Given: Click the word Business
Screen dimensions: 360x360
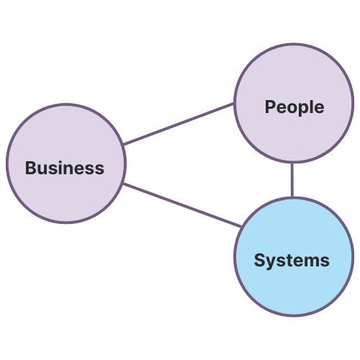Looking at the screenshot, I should pos(65,168).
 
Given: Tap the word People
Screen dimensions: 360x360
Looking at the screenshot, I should pos(294,107).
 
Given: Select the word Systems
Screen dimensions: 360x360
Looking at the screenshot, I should pos(292,260).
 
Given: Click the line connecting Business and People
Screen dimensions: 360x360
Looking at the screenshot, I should pos(179,124).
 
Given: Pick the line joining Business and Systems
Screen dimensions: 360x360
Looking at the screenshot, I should pos(181,205).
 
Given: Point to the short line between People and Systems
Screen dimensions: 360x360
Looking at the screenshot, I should pos(292,180).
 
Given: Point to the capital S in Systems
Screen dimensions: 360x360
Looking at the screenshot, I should pos(259,260).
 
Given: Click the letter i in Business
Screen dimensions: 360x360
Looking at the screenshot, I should pos(62,168).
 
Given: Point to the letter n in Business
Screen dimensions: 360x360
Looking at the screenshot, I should pos(71,170).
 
